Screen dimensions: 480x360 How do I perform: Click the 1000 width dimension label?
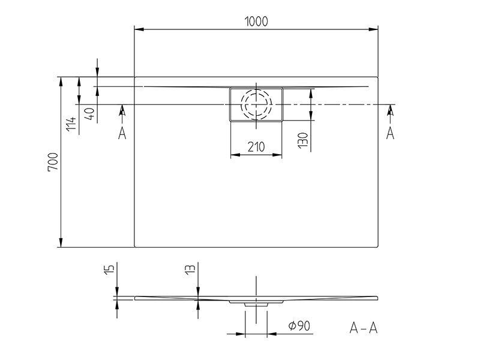point(256,21)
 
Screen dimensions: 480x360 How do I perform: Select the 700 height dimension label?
point(53,162)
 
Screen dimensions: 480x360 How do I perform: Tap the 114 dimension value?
point(71,124)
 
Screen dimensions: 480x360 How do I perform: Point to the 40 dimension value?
point(91,113)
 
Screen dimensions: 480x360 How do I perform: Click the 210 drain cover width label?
point(256,147)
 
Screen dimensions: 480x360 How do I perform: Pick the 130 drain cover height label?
point(303,140)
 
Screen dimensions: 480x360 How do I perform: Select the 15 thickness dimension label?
point(109,269)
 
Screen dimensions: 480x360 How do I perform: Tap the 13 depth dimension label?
point(190,269)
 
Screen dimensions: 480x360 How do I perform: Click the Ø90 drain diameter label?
point(299,326)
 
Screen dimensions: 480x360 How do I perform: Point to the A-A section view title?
point(364,328)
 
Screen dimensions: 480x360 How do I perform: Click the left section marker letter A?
point(122,133)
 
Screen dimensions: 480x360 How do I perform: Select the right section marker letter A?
point(390,133)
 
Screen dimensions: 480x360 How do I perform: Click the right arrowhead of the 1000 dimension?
point(373,29)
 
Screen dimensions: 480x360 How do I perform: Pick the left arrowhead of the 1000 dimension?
point(139,29)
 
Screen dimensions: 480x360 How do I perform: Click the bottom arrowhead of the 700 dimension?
point(61,242)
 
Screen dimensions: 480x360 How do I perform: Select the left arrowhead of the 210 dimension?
point(235,155)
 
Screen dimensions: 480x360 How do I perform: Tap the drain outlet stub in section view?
point(256,305)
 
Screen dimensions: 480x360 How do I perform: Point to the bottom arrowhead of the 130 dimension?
point(311,115)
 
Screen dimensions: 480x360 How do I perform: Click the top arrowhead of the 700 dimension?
point(61,82)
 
